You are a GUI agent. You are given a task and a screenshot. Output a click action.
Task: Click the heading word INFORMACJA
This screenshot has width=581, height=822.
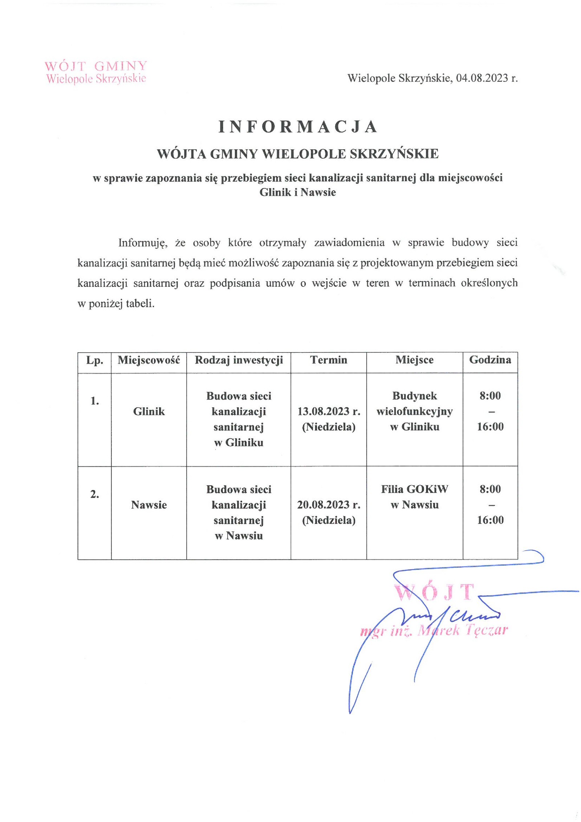298,127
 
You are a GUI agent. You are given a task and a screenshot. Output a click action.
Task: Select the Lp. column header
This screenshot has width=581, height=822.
94,360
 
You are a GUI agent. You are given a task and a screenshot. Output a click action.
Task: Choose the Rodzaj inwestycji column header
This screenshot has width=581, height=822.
239,360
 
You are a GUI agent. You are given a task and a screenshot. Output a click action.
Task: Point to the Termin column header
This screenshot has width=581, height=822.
328,360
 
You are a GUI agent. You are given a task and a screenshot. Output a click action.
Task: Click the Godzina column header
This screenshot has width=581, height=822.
490,360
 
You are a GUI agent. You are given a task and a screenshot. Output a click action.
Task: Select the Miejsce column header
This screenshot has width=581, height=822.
414,360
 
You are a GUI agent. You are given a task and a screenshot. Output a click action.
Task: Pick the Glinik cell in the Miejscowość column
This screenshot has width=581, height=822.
149,411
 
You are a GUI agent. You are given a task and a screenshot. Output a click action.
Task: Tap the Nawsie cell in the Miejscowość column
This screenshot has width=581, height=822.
149,505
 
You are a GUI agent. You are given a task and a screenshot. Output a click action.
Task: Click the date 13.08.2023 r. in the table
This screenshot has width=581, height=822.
329,411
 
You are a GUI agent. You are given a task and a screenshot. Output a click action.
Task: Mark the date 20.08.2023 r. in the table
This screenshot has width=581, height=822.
329,505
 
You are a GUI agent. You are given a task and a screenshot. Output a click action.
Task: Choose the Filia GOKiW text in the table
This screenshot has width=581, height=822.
414,489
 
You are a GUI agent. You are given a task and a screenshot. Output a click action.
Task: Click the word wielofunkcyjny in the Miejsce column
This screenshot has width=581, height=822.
414,411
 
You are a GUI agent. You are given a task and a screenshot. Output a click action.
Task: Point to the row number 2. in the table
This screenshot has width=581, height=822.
94,494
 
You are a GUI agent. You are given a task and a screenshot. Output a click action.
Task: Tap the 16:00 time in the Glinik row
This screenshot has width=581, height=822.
490,426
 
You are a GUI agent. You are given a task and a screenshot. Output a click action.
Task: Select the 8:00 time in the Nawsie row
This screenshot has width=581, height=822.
490,489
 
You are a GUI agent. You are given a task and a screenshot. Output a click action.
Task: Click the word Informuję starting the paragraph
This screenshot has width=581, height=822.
142,243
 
